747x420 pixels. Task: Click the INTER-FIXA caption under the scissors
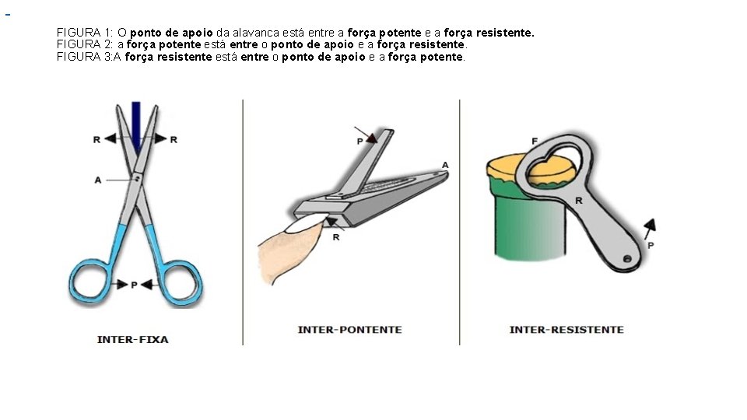pos(132,340)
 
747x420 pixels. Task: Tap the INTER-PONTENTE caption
pos(349,330)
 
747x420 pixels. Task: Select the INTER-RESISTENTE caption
pos(566,330)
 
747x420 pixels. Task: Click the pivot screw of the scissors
pos(137,179)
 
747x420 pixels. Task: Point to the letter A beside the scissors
pos(98,180)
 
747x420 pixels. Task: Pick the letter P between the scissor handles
pos(134,285)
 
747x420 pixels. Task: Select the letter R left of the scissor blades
pos(96,139)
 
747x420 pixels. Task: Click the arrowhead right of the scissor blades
pos(160,138)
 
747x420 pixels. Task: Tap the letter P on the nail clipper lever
pos(360,142)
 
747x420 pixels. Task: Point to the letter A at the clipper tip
pos(445,165)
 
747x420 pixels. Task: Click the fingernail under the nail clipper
pos(303,224)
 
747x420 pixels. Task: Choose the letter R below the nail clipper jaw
pos(336,237)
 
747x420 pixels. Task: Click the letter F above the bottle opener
pos(535,141)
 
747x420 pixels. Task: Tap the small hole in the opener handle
pos(627,259)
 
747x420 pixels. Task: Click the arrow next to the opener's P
pos(650,229)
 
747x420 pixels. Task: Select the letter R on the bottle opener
pos(579,201)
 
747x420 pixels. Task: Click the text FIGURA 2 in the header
pos(83,45)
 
